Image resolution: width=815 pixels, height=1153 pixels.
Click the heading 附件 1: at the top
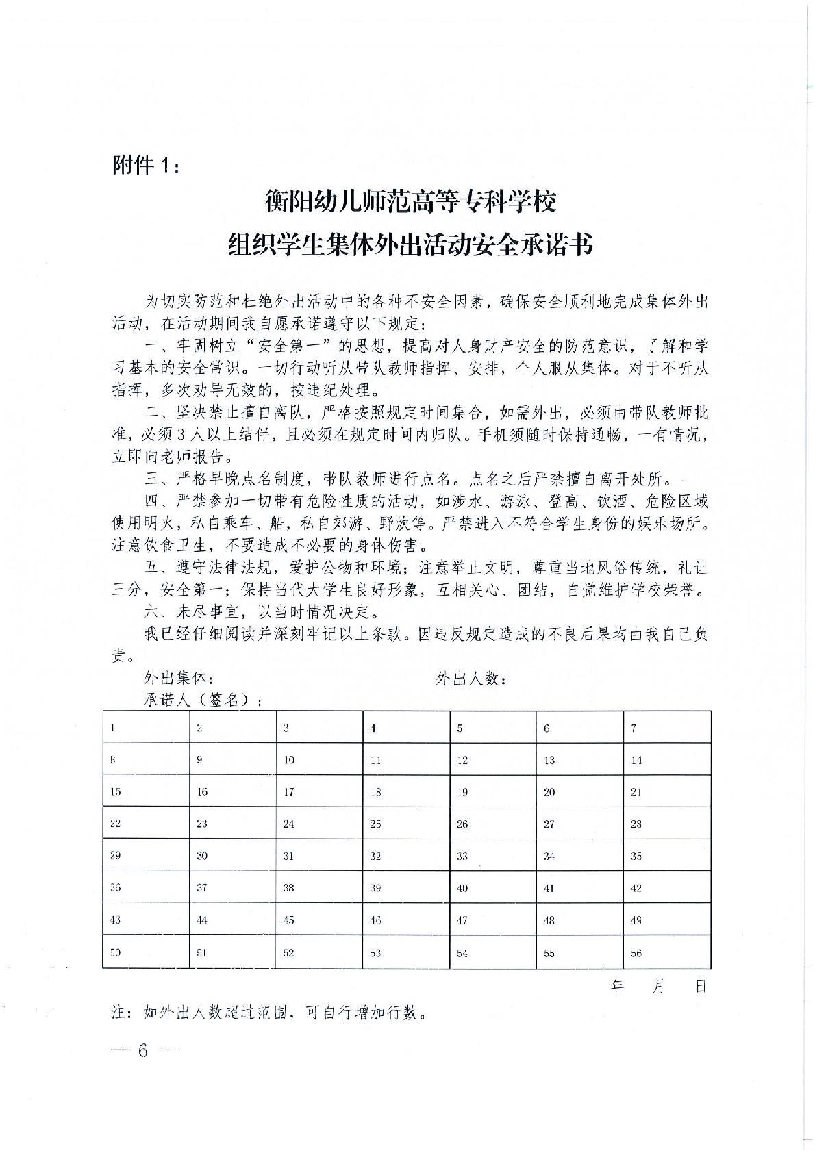pos(147,166)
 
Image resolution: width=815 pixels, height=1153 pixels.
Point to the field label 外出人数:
pos(471,679)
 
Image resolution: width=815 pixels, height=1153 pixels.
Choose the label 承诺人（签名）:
pos(204,700)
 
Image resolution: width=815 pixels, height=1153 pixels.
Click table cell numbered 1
pos(145,728)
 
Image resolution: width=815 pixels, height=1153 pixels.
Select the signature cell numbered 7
pos(666,728)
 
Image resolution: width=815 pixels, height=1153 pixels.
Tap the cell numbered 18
pos(406,791)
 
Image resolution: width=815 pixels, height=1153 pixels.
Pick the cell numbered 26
pos(493,824)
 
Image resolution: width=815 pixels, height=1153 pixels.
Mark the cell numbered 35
pos(666,856)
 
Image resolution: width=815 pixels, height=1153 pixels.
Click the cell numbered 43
pos(145,920)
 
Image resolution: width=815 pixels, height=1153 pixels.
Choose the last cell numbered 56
pos(666,952)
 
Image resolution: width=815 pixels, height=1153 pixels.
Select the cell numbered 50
pos(145,952)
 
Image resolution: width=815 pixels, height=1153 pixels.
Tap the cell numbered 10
pos(319,760)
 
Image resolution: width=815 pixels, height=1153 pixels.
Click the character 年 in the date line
pos(618,986)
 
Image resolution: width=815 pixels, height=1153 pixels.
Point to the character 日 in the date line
pos(700,986)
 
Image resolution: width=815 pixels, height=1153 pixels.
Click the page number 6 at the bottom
pos(142,1051)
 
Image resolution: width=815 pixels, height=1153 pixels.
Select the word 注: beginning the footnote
pos(124,1013)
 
